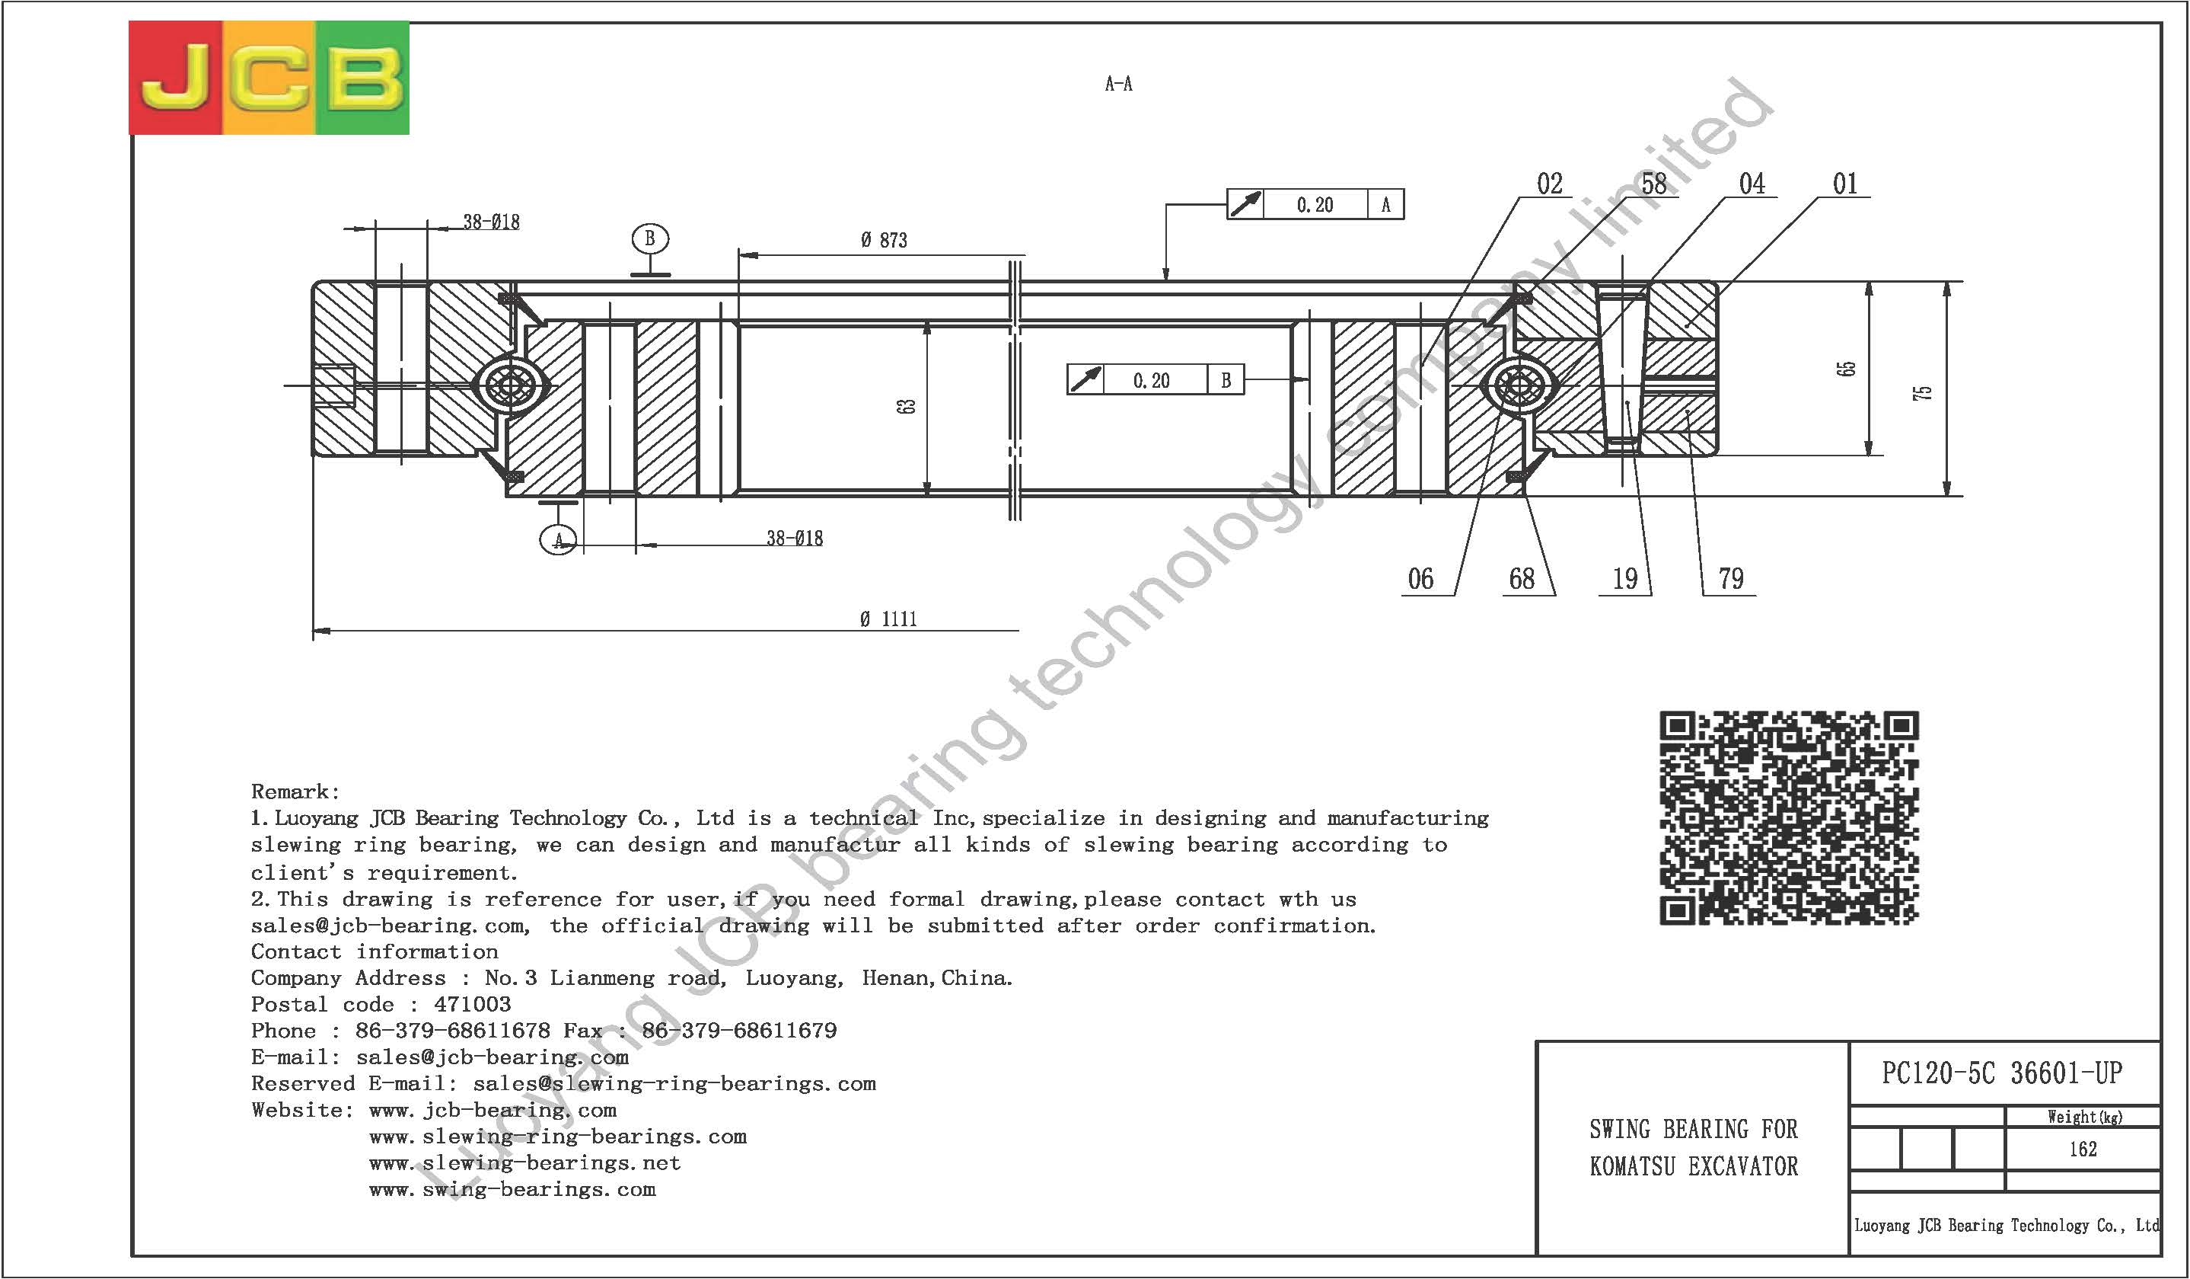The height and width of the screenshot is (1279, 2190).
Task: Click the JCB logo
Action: [269, 78]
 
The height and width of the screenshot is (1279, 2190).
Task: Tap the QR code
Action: [1789, 817]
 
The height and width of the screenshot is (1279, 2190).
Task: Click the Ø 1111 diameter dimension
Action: [888, 619]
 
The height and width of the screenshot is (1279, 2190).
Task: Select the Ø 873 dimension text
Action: [884, 240]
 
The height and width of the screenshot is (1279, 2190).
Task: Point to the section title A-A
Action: [1118, 84]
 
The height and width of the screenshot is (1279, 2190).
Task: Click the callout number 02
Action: [1550, 184]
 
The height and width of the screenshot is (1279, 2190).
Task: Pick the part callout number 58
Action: [1654, 184]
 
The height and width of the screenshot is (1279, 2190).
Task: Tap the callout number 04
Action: [1752, 184]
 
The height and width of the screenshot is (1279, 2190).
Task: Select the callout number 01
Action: [1845, 184]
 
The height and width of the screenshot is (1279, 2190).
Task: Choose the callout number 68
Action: [1522, 579]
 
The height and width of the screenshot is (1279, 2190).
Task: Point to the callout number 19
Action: [1625, 579]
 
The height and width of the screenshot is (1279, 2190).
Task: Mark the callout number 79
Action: [1730, 579]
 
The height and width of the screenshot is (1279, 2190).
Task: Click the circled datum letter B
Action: [650, 238]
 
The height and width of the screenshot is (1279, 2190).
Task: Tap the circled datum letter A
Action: [558, 540]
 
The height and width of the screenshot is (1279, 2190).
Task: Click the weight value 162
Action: [2083, 1150]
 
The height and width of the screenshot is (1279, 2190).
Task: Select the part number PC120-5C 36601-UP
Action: [2001, 1074]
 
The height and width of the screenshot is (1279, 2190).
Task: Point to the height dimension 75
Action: [1924, 392]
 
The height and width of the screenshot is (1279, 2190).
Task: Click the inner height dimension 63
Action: [907, 406]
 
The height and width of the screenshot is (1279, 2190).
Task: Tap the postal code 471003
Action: [472, 1004]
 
